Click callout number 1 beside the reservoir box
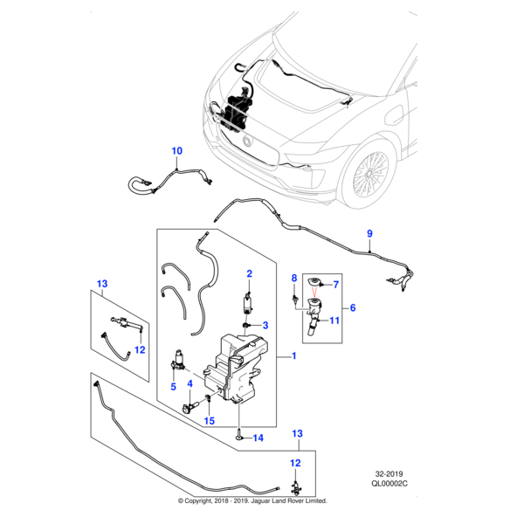293,356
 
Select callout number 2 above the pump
249,274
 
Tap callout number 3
265,325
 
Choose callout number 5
172,387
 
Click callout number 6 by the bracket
353,307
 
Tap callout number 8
294,277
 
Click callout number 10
177,152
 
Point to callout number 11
334,321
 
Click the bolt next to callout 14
237,434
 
